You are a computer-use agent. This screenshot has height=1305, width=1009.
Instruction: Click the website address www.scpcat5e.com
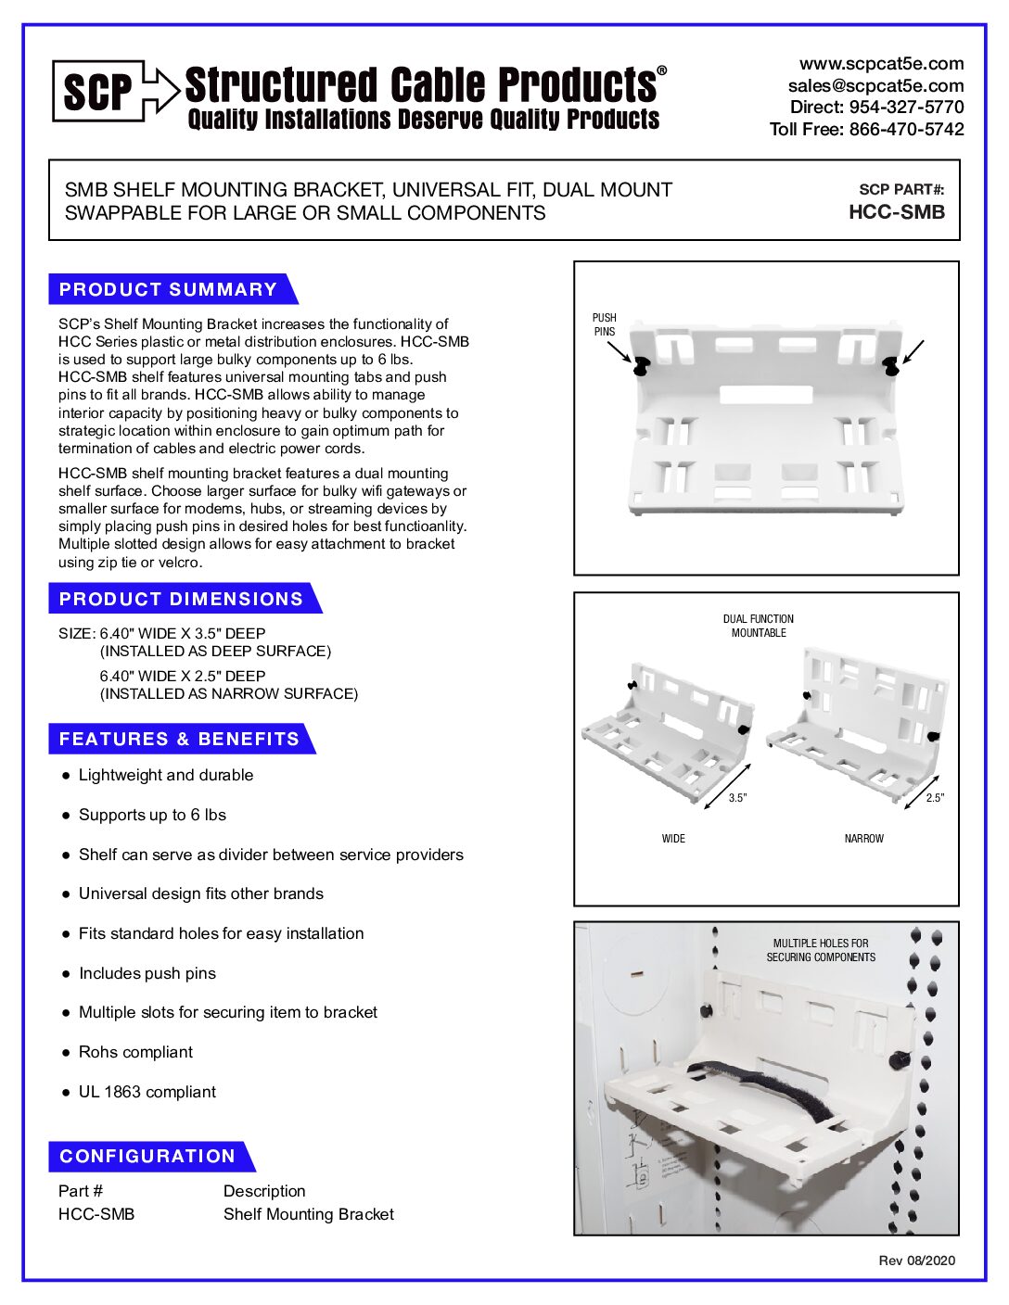[881, 64]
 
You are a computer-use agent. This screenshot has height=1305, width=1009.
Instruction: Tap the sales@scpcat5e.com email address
[875, 85]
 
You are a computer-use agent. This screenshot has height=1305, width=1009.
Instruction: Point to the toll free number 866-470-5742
[906, 130]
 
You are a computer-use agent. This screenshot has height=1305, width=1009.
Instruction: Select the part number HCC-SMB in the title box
[896, 212]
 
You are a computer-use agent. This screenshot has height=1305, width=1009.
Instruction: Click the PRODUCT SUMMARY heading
[168, 289]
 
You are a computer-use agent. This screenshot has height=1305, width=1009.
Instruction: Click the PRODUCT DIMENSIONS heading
[181, 599]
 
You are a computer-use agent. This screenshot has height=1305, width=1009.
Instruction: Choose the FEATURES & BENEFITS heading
[179, 739]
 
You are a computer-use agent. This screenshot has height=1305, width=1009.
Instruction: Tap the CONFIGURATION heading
[147, 1156]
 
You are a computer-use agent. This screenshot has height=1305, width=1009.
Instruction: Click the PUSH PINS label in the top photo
[605, 324]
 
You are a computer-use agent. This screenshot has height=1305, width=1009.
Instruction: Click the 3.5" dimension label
[737, 798]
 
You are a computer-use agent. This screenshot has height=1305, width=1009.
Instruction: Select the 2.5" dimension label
[934, 798]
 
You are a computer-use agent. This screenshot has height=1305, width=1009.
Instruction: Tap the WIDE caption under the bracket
[673, 839]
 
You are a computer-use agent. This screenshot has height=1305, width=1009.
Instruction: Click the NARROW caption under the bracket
[863, 839]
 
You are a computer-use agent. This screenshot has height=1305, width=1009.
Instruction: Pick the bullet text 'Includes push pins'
[147, 973]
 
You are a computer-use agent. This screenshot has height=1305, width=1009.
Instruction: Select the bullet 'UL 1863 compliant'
[147, 1092]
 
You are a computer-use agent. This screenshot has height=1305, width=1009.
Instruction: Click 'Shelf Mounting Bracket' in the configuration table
[308, 1214]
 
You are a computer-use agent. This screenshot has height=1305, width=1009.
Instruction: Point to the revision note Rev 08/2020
[916, 1261]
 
